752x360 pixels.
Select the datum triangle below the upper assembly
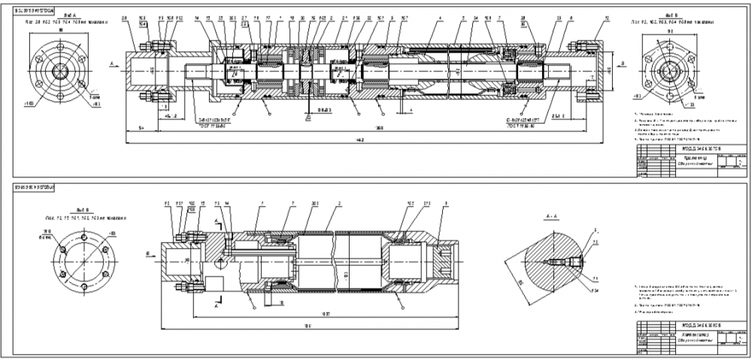[x=309, y=117]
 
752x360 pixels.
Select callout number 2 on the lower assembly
[x=339, y=203]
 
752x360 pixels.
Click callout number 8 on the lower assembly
[x=447, y=203]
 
